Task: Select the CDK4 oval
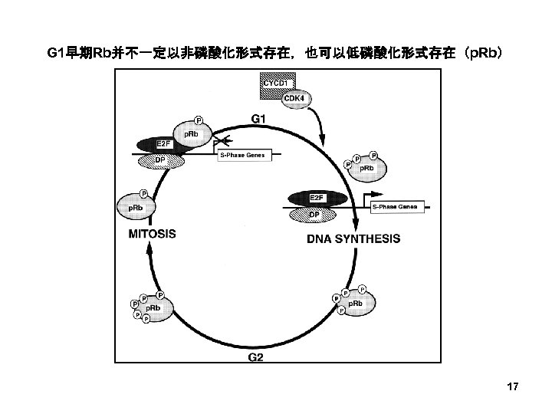pyautogui.click(x=294, y=100)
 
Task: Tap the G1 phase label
pyautogui.click(x=260, y=119)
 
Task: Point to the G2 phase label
pyautogui.click(x=258, y=356)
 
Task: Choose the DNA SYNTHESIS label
pyautogui.click(x=353, y=239)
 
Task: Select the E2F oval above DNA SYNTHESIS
pyautogui.click(x=316, y=199)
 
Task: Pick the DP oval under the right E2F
pyautogui.click(x=314, y=214)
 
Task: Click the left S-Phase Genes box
pyautogui.click(x=242, y=156)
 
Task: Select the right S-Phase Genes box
pyautogui.click(x=394, y=207)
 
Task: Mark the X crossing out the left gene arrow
pyautogui.click(x=225, y=140)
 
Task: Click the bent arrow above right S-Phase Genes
pyautogui.click(x=375, y=190)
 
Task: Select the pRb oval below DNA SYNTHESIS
pyautogui.click(x=355, y=304)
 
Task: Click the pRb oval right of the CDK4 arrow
pyautogui.click(x=366, y=168)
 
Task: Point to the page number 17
pyautogui.click(x=513, y=387)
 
